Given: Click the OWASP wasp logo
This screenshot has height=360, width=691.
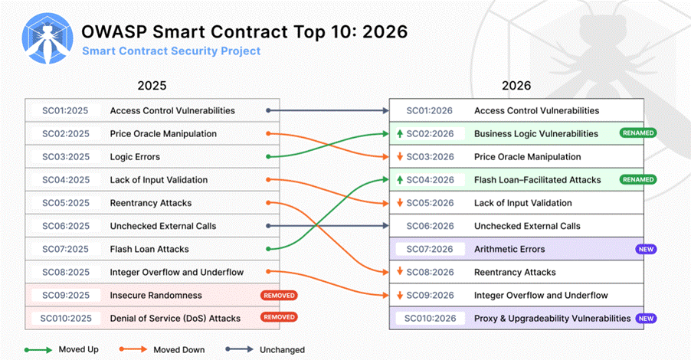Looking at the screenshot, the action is (x=47, y=38).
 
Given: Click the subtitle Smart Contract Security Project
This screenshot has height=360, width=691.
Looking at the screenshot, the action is (x=171, y=51).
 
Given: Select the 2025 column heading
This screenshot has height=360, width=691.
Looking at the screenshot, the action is (x=152, y=86).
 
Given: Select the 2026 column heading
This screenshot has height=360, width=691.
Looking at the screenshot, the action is (x=516, y=86).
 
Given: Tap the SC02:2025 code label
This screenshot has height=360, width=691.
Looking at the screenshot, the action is (x=66, y=134).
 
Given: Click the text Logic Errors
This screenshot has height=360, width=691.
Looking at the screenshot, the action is (x=135, y=157).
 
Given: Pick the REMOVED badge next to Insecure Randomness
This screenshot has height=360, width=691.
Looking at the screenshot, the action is (x=279, y=296).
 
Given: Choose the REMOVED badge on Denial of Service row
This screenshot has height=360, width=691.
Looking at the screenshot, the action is (x=279, y=317).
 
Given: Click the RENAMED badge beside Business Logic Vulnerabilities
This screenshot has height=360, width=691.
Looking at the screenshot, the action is (x=637, y=133).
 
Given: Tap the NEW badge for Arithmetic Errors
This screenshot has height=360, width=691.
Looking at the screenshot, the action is (x=646, y=250).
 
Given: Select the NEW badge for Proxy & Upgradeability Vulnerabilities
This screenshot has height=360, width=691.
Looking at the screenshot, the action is (x=646, y=319).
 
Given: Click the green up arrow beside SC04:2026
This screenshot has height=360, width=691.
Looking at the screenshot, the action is (x=400, y=180).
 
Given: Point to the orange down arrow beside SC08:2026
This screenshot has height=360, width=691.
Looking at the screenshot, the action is (x=400, y=271).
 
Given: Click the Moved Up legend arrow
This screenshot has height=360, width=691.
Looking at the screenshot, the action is (x=38, y=350).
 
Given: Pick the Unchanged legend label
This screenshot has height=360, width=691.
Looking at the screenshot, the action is (x=282, y=350).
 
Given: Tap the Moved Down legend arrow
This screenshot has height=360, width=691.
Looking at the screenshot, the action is (x=133, y=349).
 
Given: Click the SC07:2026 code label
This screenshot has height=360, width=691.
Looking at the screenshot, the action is (x=430, y=250).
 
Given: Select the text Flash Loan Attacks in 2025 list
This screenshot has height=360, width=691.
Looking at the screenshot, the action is (x=149, y=250).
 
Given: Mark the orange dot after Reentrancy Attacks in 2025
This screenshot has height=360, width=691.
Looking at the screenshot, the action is (x=268, y=203).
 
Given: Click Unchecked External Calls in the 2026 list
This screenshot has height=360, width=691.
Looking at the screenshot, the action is (x=527, y=226).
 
